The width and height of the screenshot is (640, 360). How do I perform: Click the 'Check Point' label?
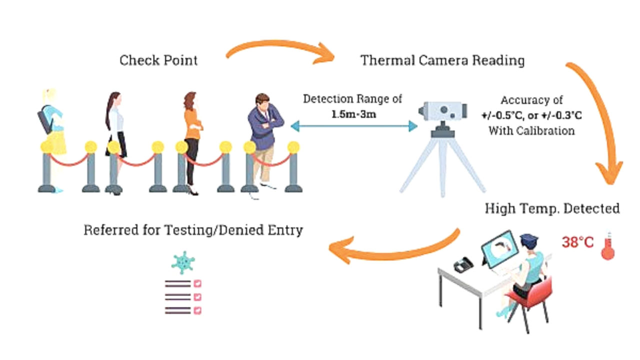coord(158,60)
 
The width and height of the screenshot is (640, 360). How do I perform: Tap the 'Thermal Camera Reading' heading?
coord(442,60)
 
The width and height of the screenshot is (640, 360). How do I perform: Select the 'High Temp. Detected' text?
coord(552,208)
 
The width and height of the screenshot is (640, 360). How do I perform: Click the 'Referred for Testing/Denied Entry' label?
coord(193,230)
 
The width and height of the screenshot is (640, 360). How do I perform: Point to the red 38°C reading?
coord(577,242)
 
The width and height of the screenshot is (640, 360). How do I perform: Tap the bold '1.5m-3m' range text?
coord(353,113)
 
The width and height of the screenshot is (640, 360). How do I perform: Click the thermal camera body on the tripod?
coord(443,111)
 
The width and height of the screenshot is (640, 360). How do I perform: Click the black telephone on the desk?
coord(463,264)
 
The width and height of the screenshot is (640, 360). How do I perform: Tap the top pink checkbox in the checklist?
coord(197,283)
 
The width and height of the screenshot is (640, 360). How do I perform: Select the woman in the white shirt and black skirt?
coord(115,135)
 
